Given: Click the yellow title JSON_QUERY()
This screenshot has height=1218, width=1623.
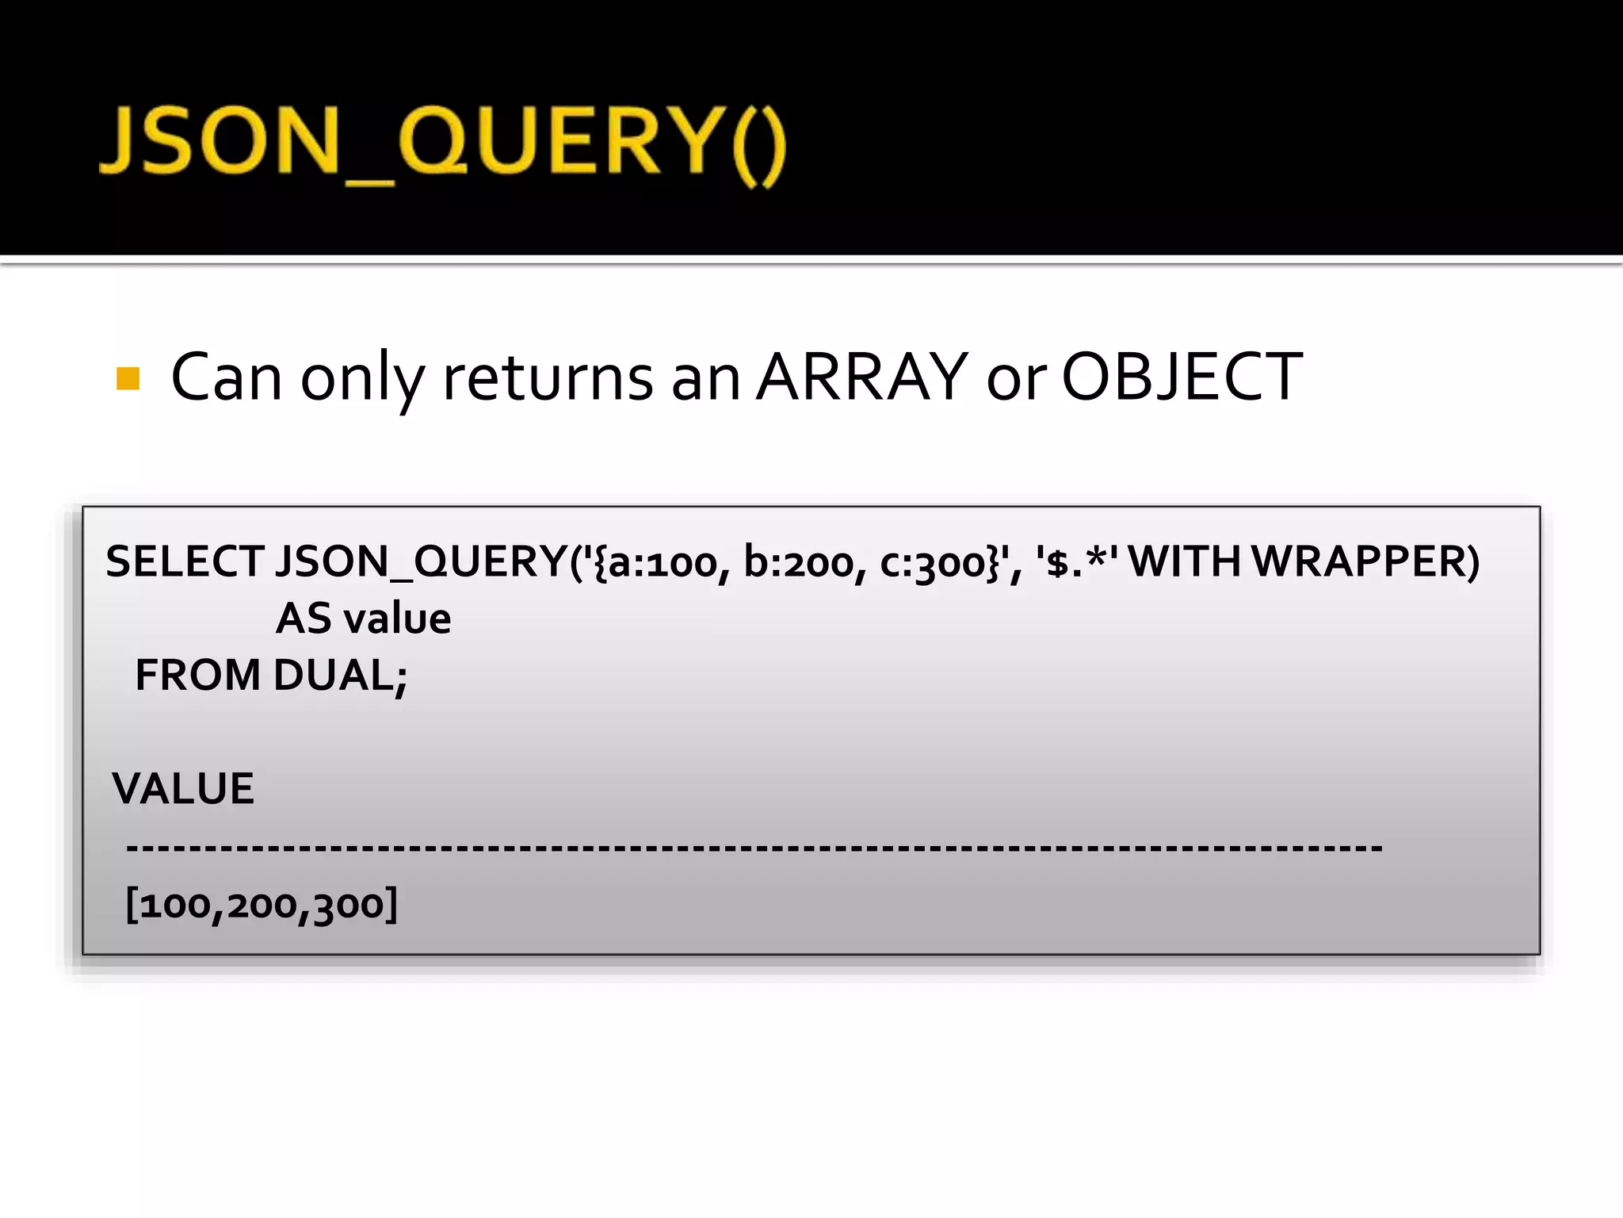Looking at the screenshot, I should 442,144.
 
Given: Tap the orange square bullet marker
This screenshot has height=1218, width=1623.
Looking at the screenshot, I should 128,378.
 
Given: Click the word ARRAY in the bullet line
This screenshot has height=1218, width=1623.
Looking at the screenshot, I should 861,377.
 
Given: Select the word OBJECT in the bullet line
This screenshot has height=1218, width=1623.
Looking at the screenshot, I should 1181,377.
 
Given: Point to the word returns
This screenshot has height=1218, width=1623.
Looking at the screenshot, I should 548,378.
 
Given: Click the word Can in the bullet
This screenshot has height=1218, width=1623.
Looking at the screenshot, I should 226,378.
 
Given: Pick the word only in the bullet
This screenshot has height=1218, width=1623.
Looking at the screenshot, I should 363,381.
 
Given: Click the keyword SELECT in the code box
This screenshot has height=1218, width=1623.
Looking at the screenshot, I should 185,561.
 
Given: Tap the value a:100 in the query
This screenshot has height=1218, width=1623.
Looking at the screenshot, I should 663,563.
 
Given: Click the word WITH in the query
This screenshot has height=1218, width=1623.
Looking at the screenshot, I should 1184,561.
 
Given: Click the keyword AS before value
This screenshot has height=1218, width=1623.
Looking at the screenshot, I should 304,619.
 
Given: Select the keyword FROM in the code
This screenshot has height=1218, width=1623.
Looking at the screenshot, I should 197,676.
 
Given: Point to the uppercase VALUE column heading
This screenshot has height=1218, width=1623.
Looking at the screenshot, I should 183,789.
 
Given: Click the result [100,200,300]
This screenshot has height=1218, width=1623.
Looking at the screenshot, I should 262,905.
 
